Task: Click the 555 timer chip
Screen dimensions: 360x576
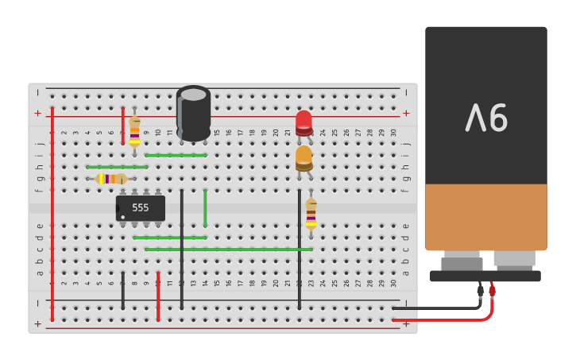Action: point(141,208)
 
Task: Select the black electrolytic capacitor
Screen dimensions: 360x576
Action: point(193,113)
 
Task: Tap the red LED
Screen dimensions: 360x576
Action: point(303,122)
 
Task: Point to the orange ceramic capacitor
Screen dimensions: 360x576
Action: point(303,157)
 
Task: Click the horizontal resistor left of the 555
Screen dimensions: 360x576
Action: point(111,179)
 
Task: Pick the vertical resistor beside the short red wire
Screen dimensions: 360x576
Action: point(134,130)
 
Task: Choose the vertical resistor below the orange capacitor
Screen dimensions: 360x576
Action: point(311,213)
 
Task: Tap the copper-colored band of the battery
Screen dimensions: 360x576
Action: point(485,216)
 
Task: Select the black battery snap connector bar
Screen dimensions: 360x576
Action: point(485,276)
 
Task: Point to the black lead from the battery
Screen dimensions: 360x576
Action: point(437,308)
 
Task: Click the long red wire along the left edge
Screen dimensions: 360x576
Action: point(52,215)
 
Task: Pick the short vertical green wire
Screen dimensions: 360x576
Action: point(205,208)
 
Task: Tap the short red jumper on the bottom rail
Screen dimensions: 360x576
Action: point(158,296)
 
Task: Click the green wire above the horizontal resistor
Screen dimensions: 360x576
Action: point(117,167)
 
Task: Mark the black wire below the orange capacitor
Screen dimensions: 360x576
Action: point(300,248)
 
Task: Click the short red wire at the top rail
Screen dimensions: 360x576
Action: point(123,126)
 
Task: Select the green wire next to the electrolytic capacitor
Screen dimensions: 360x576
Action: point(176,155)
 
